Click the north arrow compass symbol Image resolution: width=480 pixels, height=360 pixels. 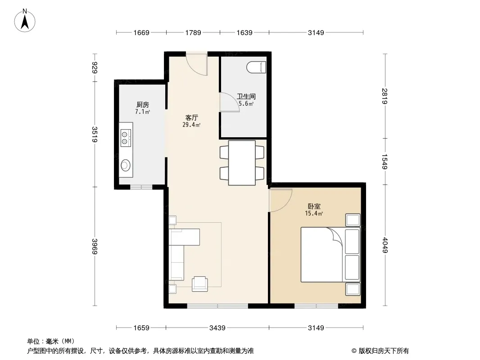pos(25,21)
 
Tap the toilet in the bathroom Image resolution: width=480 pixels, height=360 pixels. pos(256,67)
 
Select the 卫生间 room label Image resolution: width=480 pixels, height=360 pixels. pos(246,96)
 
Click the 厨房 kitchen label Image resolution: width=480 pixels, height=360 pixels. pos(143,104)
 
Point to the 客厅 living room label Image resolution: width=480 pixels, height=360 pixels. pos(192,117)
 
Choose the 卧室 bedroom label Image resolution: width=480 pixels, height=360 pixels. pos(314,207)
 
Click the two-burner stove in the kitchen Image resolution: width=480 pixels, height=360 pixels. pos(126,138)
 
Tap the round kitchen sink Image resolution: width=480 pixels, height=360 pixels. pos(125,166)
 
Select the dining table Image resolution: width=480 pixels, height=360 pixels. pos(242,163)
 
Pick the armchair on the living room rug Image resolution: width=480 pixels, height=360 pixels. pos(199,284)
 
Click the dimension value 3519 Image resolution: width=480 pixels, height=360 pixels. pos(94,134)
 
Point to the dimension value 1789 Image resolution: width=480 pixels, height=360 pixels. pos(193,32)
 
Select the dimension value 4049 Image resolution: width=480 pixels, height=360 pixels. pos(385,245)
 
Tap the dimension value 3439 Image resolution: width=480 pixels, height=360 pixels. pos(217,328)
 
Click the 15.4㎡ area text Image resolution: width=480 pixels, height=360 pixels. pos(314,213)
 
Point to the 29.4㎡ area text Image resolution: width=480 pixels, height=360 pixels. pos(192,125)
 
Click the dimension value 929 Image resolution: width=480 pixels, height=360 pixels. pos(94,67)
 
